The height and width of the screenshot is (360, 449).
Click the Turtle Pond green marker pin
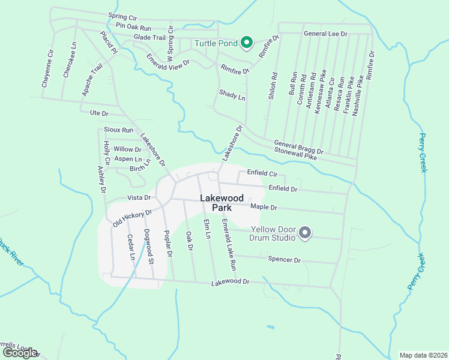(246, 43)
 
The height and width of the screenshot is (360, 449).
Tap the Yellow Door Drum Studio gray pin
(304, 233)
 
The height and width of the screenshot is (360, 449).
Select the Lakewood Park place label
(222, 203)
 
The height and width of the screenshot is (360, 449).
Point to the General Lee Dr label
(326, 34)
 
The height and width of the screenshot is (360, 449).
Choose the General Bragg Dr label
(298, 147)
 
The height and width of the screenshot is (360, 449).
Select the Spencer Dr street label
(283, 260)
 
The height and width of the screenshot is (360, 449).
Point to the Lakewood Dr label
(230, 281)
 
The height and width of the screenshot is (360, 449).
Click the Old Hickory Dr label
(132, 218)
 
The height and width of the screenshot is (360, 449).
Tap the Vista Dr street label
(137, 197)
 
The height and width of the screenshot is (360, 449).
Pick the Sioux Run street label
(118, 130)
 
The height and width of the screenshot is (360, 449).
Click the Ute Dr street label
(98, 113)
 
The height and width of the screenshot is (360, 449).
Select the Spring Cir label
(122, 17)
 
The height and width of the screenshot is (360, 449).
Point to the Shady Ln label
(232, 94)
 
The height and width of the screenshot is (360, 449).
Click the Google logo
(20, 353)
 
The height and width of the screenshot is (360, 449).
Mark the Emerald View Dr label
(169, 61)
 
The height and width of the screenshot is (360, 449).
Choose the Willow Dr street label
(127, 149)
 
